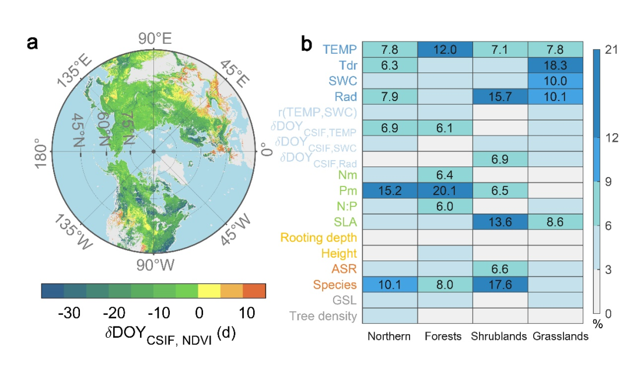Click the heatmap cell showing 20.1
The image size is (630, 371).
click(444, 190)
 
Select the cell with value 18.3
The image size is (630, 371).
click(554, 65)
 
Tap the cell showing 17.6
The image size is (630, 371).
click(499, 285)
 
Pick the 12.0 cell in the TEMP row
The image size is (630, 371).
click(444, 49)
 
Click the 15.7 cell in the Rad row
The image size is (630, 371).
click(499, 96)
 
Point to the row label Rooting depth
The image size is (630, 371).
click(318, 238)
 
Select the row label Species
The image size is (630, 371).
click(335, 285)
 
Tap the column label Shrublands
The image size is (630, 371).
click(499, 337)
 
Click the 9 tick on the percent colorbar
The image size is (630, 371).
click(610, 182)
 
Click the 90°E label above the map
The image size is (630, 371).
click(154, 40)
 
